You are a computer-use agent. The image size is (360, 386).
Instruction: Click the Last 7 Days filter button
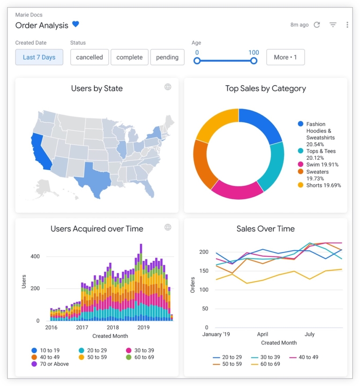tap(39, 57)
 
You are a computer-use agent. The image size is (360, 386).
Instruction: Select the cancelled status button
tap(90, 57)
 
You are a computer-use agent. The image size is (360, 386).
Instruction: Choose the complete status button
tap(129, 57)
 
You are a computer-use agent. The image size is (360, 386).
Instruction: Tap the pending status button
tap(167, 57)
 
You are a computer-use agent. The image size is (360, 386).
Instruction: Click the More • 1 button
tap(285, 57)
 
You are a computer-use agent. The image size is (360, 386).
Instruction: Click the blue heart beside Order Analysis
tap(75, 25)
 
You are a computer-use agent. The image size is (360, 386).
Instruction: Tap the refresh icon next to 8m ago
tap(317, 25)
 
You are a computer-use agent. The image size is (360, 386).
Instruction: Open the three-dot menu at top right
tap(347, 25)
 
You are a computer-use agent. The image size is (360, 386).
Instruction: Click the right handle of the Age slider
tap(254, 61)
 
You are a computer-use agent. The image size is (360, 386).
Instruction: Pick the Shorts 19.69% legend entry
tap(319, 185)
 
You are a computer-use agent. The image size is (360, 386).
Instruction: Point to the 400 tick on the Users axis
tap(36, 257)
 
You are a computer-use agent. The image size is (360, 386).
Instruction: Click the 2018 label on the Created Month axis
tap(112, 327)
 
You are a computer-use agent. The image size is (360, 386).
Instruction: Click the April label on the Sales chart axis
tap(262, 334)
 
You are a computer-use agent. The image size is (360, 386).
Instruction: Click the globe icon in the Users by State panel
tap(168, 87)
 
